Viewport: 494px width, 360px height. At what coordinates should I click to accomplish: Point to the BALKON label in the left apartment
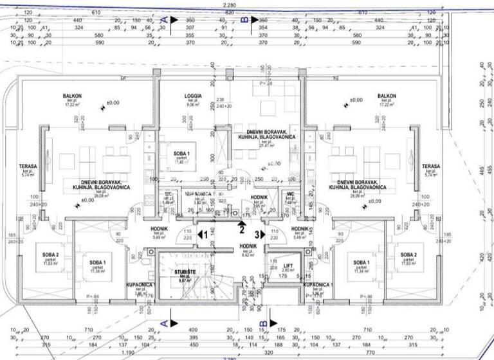pos(72,96)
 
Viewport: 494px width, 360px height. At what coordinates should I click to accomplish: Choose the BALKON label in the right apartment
pos(387,96)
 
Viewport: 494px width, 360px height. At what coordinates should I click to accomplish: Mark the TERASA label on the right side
pos(430,166)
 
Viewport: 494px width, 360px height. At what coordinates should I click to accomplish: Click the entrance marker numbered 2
pos(241,226)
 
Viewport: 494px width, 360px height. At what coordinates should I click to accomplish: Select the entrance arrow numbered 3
pos(259,235)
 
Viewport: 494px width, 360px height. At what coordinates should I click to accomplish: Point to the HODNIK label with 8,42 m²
pos(248,246)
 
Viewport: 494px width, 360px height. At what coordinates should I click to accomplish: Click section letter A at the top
pos(164,21)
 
